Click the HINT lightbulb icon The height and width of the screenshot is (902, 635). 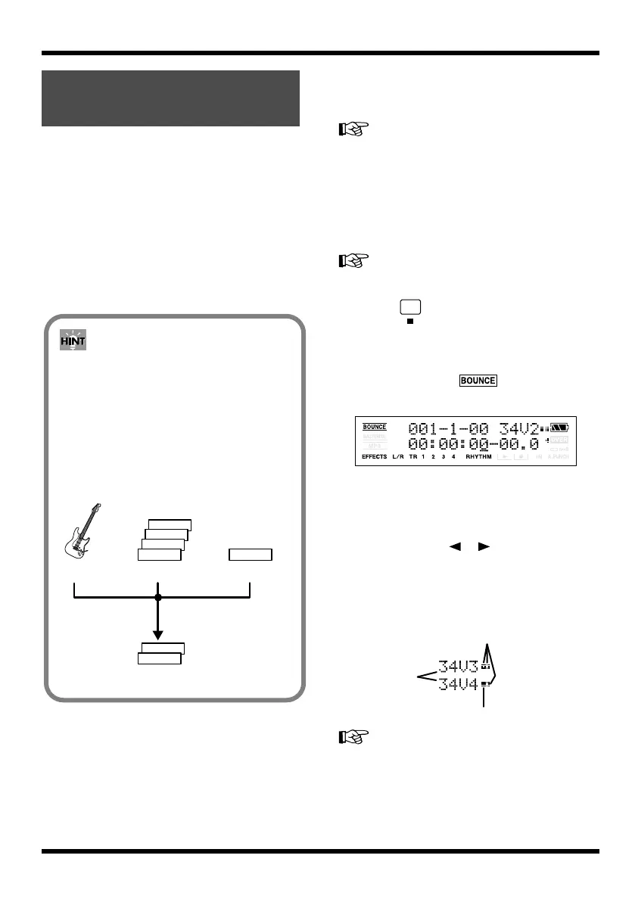tap(74, 342)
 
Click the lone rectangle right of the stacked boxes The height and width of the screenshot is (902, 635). tap(251, 555)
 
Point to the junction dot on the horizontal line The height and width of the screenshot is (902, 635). tap(158, 598)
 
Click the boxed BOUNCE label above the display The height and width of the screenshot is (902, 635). tap(478, 381)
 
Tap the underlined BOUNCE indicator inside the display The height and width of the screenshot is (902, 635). tap(374, 427)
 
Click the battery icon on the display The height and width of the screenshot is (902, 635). tap(559, 428)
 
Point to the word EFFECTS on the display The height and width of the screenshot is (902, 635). tap(374, 457)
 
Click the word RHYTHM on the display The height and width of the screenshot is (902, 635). tap(478, 457)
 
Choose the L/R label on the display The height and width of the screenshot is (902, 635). tap(398, 457)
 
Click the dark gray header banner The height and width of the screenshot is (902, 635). tap(170, 99)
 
